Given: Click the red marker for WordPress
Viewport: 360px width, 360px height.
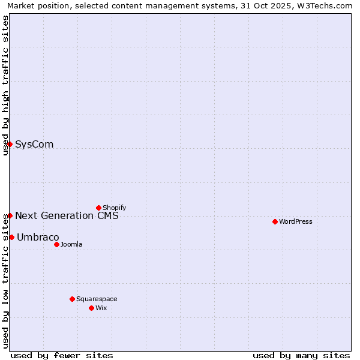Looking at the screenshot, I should coord(275,221).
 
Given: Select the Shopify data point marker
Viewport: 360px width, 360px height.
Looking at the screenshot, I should coord(98,208).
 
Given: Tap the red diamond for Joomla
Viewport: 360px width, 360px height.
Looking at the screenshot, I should coord(56,244).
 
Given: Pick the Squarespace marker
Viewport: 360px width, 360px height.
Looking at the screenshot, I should coord(72,299).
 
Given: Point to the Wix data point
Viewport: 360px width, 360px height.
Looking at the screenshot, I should coord(91,308).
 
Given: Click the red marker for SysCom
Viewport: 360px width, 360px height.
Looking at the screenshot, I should coord(10,144).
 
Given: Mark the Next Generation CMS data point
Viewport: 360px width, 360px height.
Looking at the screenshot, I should coord(10,215).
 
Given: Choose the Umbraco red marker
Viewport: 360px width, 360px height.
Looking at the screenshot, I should coord(11,237).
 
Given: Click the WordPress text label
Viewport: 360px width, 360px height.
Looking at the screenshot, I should coord(296,221).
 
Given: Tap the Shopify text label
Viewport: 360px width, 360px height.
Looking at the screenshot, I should coord(114,208).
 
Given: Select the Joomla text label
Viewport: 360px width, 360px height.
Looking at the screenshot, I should coord(71,244).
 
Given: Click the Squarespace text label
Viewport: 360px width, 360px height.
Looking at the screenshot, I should coord(97,299).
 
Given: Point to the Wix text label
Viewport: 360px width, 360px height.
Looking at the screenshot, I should coord(101,308).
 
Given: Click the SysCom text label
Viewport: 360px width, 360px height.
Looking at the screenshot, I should coord(34,144).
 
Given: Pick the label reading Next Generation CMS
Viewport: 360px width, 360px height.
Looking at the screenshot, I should coord(67,215).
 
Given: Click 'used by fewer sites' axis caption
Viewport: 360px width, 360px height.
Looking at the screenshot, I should coord(62,355).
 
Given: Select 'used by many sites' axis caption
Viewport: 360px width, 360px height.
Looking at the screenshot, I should coord(301,355).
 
